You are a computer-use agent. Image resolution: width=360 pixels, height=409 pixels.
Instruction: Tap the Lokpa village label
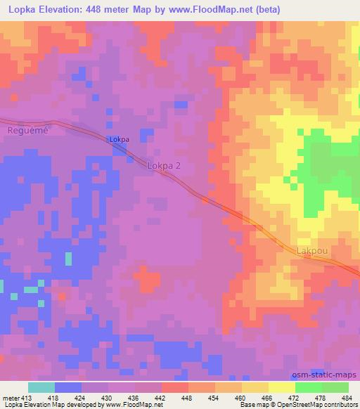coord(119,140)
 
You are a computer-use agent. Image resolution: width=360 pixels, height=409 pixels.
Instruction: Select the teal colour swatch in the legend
coord(41,387)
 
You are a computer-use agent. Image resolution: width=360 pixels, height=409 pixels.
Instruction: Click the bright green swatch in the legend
coord(309,387)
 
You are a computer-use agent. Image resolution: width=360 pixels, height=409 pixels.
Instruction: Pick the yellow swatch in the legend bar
coord(255,387)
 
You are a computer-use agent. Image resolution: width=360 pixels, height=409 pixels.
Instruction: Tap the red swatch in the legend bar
coord(175,387)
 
